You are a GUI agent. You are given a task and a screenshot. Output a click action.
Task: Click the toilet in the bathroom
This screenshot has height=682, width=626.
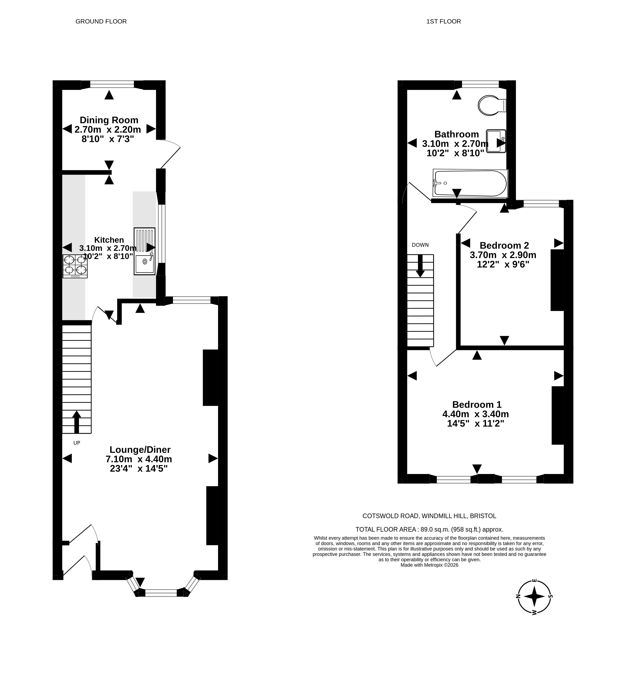pos(492,105)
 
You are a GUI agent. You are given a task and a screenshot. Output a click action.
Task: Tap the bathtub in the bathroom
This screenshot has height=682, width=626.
pos(470,183)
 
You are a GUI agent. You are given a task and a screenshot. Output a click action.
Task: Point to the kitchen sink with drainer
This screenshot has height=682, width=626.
pos(145,251)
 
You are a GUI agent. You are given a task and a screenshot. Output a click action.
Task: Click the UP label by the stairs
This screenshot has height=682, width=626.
pos(77,443)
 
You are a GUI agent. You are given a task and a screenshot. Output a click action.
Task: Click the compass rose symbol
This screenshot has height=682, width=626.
pos(534,596)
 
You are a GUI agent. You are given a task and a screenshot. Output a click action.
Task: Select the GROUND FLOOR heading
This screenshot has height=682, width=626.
pos(101,21)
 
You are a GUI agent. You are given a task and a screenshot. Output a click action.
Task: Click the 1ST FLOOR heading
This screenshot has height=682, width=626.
pos(443,21)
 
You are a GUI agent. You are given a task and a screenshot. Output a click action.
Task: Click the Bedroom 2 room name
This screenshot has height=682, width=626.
pos(504,245)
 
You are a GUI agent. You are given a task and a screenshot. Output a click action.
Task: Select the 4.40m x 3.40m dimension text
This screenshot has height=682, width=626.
pos(476,414)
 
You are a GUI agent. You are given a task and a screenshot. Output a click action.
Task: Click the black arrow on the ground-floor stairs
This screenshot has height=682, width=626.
pos(76,422)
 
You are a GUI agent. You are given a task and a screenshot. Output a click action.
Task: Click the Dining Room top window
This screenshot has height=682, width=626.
pos(112,84)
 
